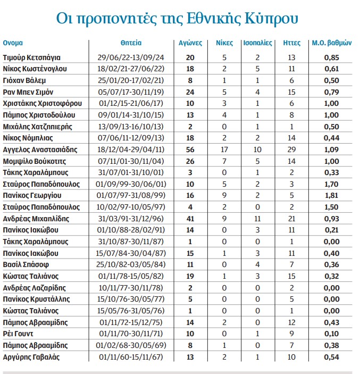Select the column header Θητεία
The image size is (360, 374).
click(131, 43)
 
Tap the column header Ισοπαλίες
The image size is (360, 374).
click(257, 43)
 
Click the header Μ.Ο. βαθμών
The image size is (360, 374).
click(332, 43)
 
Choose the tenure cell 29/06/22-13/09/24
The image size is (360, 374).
click(131, 57)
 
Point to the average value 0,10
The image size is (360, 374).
click(332, 334)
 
